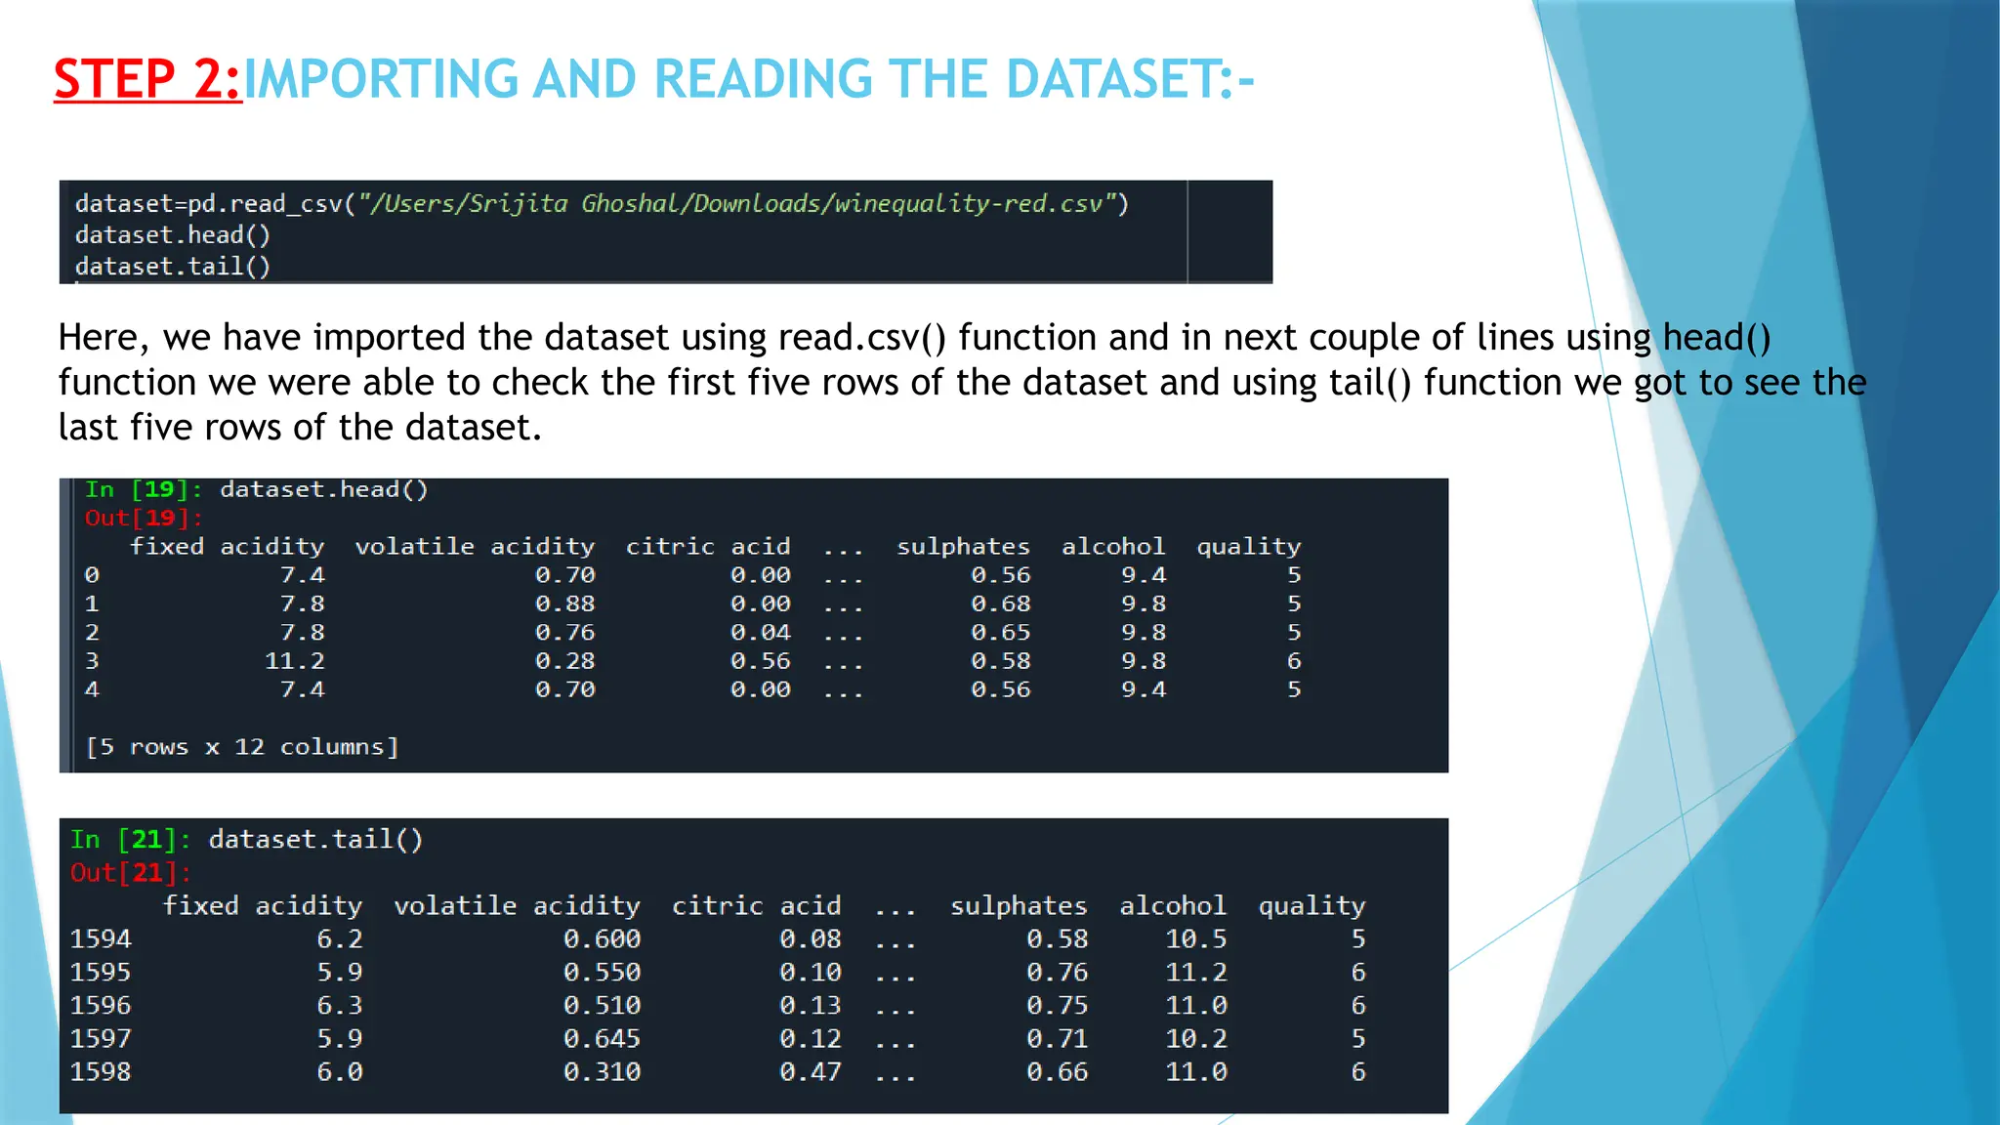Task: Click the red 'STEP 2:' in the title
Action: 147,79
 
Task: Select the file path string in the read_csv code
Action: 742,203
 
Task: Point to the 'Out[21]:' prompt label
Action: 131,872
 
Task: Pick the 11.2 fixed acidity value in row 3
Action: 294,661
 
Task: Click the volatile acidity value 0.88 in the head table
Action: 564,604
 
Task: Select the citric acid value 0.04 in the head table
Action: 760,633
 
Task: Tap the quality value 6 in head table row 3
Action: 1294,661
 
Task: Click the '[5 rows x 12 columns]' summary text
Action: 242,747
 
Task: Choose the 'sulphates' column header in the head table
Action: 963,547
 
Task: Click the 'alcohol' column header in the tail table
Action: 1172,906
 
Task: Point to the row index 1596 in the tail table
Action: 101,1006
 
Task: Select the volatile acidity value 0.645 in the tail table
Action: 602,1039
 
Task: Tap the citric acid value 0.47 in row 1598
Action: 810,1072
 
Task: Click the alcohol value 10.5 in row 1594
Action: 1195,939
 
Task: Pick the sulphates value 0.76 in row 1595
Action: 1057,973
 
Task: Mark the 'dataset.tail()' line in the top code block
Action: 173,267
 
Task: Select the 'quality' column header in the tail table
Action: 1311,906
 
